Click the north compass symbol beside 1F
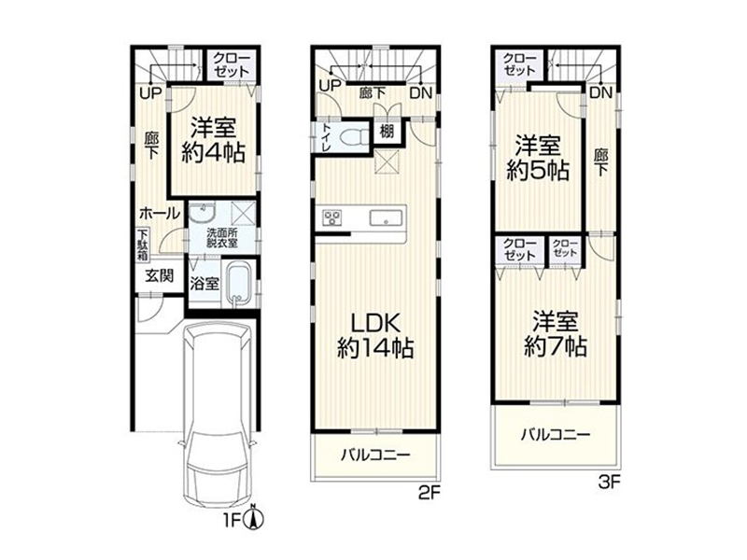tap(253, 517)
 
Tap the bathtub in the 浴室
tap(238, 285)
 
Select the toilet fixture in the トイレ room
tap(354, 137)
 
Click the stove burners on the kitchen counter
tap(331, 217)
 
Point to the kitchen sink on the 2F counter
tap(386, 218)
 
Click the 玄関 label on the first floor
tap(160, 275)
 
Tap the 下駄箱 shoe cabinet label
tap(143, 245)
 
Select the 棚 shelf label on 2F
tap(387, 131)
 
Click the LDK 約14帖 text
tap(375, 336)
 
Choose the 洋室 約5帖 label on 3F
tap(538, 158)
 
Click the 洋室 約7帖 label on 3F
tap(555, 333)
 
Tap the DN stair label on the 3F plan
tap(600, 92)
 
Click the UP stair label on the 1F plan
tap(151, 92)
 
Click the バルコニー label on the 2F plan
tap(375, 455)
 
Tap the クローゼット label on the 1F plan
tap(231, 64)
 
